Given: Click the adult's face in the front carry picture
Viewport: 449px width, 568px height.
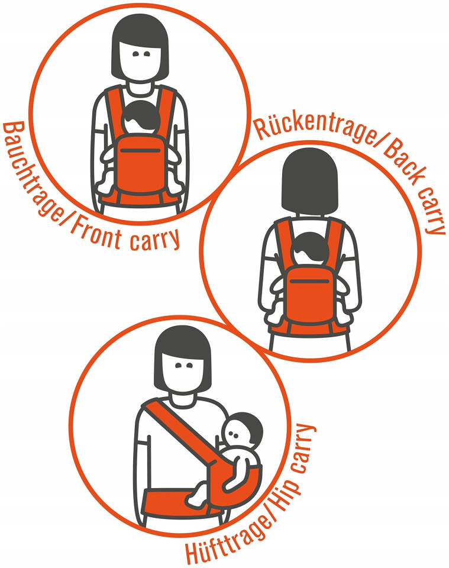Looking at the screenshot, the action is point(140,60).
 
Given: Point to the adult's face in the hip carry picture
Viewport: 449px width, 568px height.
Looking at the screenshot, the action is point(182,374).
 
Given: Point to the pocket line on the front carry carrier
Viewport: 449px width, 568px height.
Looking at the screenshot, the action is point(140,150).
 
